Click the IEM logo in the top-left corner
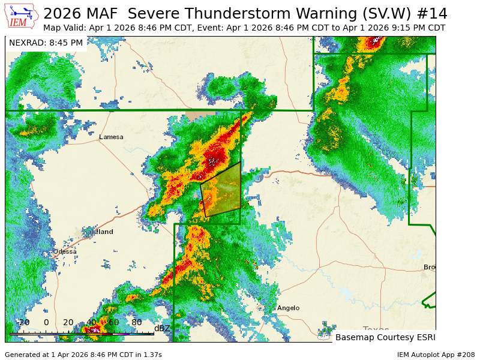coord(21,16)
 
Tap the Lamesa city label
coord(111,137)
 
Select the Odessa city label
coord(65,251)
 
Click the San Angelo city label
coord(287,308)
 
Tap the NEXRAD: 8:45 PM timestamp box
coord(46,43)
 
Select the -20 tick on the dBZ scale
coord(23,323)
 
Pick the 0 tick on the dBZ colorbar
coord(46,323)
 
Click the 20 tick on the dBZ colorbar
coord(68,323)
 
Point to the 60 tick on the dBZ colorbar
coord(113,323)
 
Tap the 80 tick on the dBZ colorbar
coord(136,323)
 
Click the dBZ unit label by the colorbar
coord(162,328)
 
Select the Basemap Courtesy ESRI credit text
coord(385,337)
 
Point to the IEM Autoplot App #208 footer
coord(436,355)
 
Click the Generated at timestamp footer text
coord(83,355)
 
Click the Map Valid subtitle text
coord(244,28)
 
